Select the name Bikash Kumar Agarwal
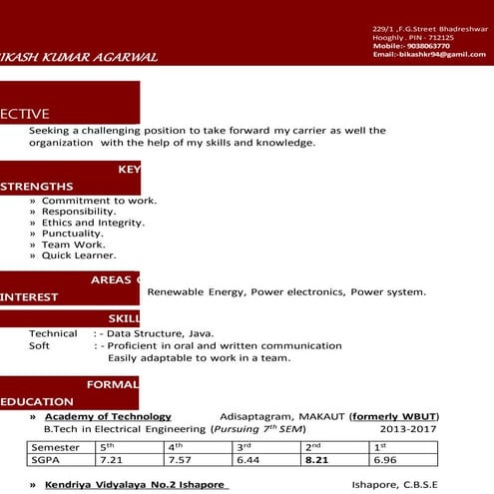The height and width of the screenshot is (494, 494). click(x=80, y=57)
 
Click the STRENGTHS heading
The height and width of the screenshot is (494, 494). click(x=37, y=187)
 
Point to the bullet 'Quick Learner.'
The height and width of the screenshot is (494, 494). click(x=79, y=255)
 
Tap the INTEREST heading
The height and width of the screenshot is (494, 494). click(x=30, y=296)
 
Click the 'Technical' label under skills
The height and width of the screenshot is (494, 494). click(x=53, y=333)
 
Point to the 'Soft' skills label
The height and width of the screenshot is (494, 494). click(x=40, y=346)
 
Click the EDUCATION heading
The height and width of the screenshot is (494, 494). click(x=37, y=401)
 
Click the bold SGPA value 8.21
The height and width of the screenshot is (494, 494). click(x=317, y=460)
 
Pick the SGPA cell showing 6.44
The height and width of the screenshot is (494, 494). click(x=248, y=460)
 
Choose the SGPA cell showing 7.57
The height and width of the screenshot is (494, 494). click(x=180, y=460)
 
